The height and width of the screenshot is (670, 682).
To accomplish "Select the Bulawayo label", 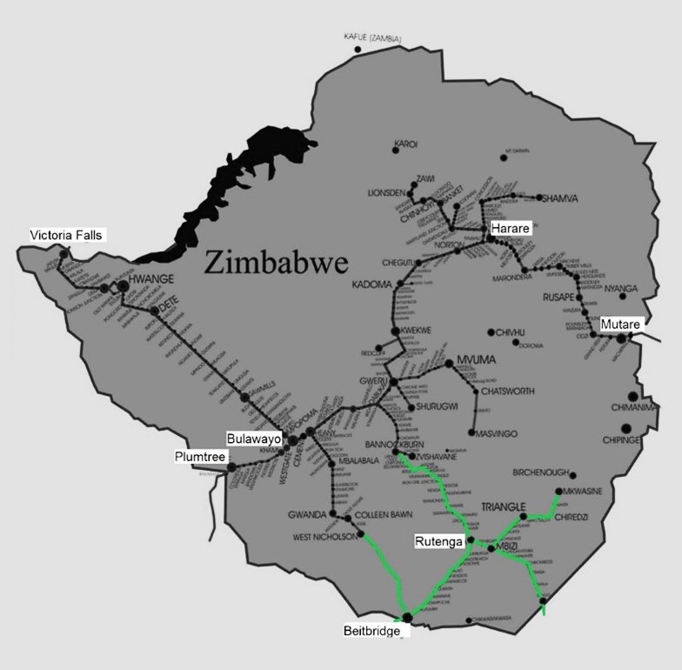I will click(254, 439).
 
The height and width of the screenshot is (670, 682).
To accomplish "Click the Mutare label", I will click(620, 325).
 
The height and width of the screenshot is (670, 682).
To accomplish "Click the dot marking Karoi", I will click(396, 151).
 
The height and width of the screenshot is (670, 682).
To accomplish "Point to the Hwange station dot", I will click(124, 285).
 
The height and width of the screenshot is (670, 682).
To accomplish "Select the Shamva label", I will click(558, 198).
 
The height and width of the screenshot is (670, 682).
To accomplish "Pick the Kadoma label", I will click(372, 285).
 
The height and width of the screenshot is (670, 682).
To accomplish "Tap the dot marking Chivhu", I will click(492, 332).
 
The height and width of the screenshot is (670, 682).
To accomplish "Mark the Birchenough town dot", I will click(573, 474).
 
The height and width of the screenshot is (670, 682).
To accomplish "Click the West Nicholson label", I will click(324, 537).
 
